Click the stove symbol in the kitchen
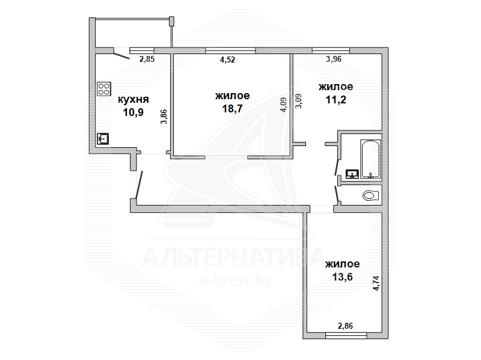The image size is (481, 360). coord(104,89)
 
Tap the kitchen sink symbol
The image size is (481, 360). coord(103,139)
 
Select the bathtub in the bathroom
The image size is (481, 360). coord(370,159)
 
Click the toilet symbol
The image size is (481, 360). coord(370,195)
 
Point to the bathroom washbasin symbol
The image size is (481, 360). coord(352,174)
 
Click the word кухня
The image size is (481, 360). coord(133,99)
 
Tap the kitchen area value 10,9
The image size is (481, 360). coord(133,112)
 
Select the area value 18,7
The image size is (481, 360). coord(232,108)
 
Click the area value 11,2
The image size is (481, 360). coord(336,99)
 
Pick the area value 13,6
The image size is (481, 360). coord(342,277)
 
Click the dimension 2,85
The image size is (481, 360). coord(147,59)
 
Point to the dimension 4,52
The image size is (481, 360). coord(228,59)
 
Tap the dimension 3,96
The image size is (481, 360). coord(334,59)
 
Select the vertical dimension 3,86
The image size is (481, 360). coord(164,117)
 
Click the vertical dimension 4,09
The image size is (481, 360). coord(283,105)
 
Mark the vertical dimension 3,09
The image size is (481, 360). coord(298,101)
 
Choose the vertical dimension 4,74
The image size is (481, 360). coord(376,283)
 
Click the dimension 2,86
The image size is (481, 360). coord(345,326)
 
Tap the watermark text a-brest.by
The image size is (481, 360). coord(236,280)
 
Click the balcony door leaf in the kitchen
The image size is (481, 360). coord(121,56)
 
